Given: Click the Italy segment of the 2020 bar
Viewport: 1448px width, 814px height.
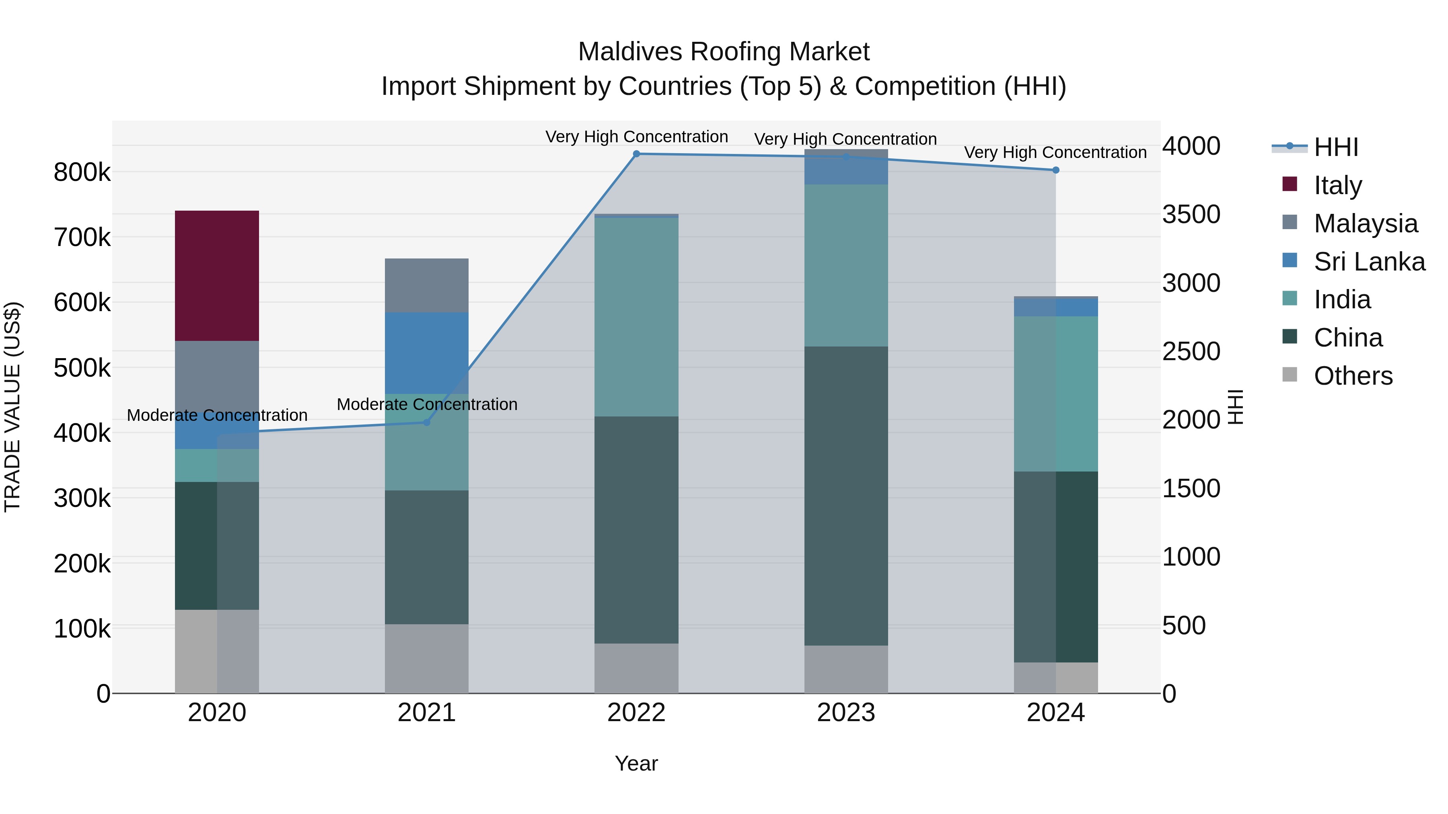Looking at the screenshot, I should pos(217,275).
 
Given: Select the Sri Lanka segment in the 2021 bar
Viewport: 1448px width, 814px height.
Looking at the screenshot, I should pos(427,353).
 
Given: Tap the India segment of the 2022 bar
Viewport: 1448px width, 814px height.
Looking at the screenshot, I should pos(636,317).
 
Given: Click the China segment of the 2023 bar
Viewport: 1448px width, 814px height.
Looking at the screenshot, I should pos(846,496).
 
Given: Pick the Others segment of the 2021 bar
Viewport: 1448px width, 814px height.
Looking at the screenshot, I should pos(427,658).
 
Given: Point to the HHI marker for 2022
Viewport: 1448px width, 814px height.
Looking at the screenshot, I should pos(636,154).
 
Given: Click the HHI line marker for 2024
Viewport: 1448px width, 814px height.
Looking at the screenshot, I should pos(1056,170).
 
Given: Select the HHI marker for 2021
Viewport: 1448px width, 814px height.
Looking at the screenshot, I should pos(427,422).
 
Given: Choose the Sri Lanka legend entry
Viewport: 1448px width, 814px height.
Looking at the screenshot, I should pos(1369,262).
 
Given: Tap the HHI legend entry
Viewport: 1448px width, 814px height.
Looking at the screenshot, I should pos(1335,147).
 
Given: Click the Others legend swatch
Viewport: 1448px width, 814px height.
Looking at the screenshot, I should pos(1290,375).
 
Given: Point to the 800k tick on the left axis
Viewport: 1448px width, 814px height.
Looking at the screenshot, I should pos(82,172).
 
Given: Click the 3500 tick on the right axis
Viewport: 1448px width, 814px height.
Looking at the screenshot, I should pos(1191,215).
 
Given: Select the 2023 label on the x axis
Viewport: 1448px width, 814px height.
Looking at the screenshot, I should pos(846,713).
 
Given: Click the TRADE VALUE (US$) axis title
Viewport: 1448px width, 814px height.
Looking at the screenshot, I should pos(12,407).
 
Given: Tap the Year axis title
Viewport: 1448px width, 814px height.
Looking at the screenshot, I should pos(636,763).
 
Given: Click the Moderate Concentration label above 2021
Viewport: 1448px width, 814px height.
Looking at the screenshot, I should pos(427,404).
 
